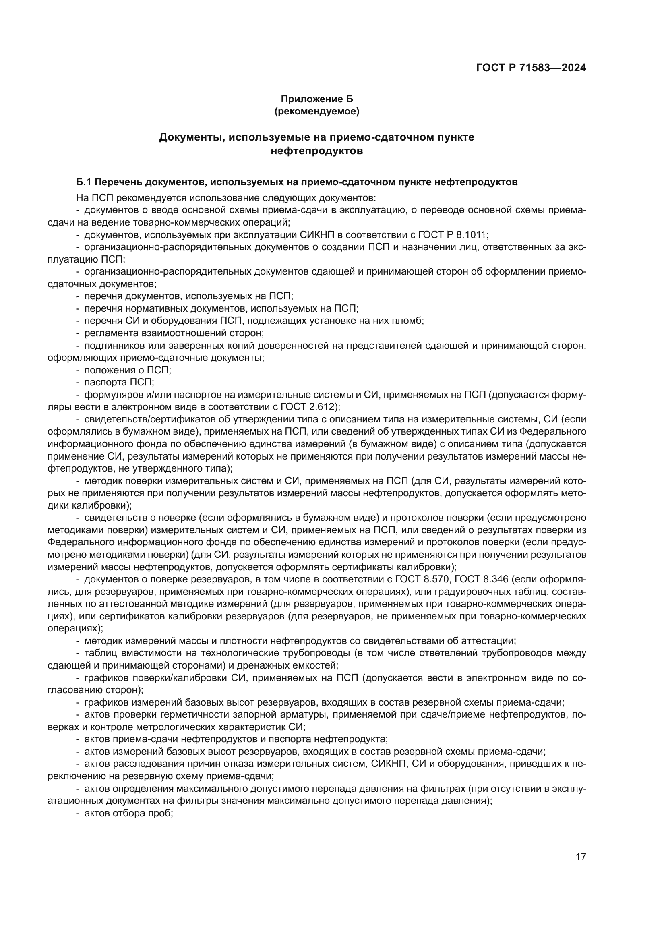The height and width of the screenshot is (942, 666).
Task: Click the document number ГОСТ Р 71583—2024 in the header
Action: (531, 68)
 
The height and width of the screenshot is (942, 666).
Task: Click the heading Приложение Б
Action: (316, 99)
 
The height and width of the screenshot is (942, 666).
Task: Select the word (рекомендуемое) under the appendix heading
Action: (316, 111)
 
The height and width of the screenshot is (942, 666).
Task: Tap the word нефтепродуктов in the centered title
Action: (316, 151)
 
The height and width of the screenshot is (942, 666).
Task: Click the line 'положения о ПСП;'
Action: (128, 370)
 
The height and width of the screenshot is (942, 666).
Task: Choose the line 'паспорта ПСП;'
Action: (119, 382)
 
